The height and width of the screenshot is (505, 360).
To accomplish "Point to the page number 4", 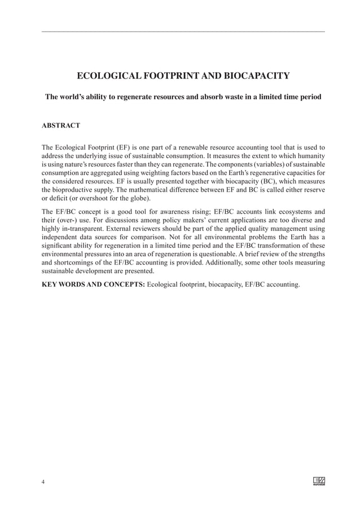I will coord(43,481).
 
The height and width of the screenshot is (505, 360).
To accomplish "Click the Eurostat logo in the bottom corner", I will coord(318,481).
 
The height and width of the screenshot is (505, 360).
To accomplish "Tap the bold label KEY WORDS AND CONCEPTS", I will coord(93,284).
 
